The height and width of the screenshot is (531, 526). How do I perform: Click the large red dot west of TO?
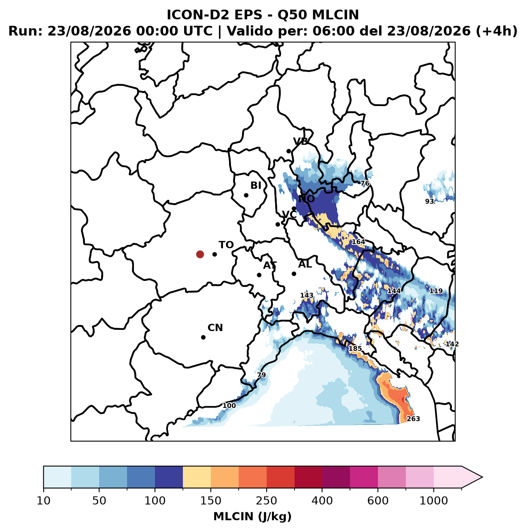click(x=200, y=254)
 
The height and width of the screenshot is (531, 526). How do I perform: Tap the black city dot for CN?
click(x=204, y=337)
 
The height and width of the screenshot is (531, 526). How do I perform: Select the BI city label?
click(x=256, y=185)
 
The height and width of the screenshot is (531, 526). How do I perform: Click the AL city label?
click(x=305, y=264)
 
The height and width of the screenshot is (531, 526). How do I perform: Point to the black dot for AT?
click(x=259, y=275)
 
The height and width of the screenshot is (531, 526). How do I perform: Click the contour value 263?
click(x=413, y=419)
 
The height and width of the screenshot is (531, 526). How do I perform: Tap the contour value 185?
click(x=355, y=348)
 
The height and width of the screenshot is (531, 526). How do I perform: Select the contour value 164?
click(x=358, y=242)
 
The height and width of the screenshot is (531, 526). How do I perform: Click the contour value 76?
click(x=365, y=183)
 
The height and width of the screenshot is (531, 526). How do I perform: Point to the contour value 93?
click(x=430, y=202)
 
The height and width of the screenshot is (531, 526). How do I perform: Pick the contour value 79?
click(x=261, y=375)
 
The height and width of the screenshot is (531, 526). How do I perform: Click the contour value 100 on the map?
click(x=229, y=406)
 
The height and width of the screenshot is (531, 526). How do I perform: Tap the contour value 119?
click(x=436, y=291)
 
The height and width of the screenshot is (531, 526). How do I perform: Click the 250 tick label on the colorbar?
click(x=267, y=501)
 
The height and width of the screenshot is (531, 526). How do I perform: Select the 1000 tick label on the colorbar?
click(x=434, y=501)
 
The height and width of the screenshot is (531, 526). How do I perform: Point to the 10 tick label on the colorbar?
click(x=44, y=501)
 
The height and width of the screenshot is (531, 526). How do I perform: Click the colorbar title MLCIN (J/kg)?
click(x=252, y=516)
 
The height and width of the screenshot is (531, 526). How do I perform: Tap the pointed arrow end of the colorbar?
click(x=482, y=477)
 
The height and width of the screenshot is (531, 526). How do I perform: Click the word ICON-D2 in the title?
click(x=198, y=15)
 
